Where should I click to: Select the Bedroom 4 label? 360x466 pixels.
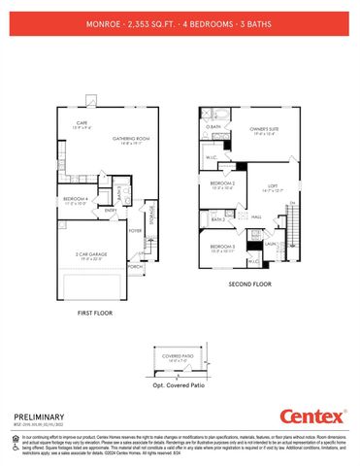point(77,200)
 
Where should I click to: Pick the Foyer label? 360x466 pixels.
point(135,230)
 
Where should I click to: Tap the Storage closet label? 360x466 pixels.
point(152,211)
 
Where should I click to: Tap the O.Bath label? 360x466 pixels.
point(213,127)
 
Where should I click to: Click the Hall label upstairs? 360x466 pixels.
point(256,216)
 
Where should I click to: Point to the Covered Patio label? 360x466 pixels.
point(179,356)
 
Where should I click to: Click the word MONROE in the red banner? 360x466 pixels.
point(104,19)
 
